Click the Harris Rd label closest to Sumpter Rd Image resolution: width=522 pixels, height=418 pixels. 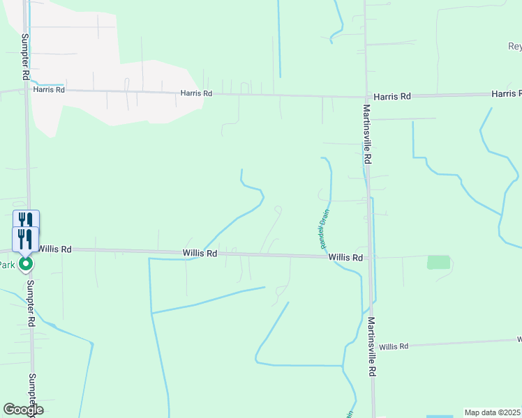(x=50, y=90)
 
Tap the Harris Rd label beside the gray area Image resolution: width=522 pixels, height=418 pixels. (x=195, y=93)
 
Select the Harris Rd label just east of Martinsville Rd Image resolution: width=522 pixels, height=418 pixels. (x=391, y=97)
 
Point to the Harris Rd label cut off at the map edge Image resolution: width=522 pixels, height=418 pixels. (x=506, y=93)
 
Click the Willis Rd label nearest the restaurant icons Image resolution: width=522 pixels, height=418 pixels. (x=55, y=249)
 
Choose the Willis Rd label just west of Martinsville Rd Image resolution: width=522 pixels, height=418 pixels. (x=345, y=258)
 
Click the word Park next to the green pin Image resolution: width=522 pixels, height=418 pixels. (x=7, y=265)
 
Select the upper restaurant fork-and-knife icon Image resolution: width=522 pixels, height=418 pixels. (x=26, y=219)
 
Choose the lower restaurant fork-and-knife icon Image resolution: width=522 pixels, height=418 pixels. (x=26, y=238)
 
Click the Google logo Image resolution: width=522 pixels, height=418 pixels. (x=23, y=410)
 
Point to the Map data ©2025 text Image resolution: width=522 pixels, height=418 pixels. (x=493, y=412)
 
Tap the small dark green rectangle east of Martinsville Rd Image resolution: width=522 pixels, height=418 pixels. (x=439, y=262)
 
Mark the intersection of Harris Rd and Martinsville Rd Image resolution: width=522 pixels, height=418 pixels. (x=366, y=97)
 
